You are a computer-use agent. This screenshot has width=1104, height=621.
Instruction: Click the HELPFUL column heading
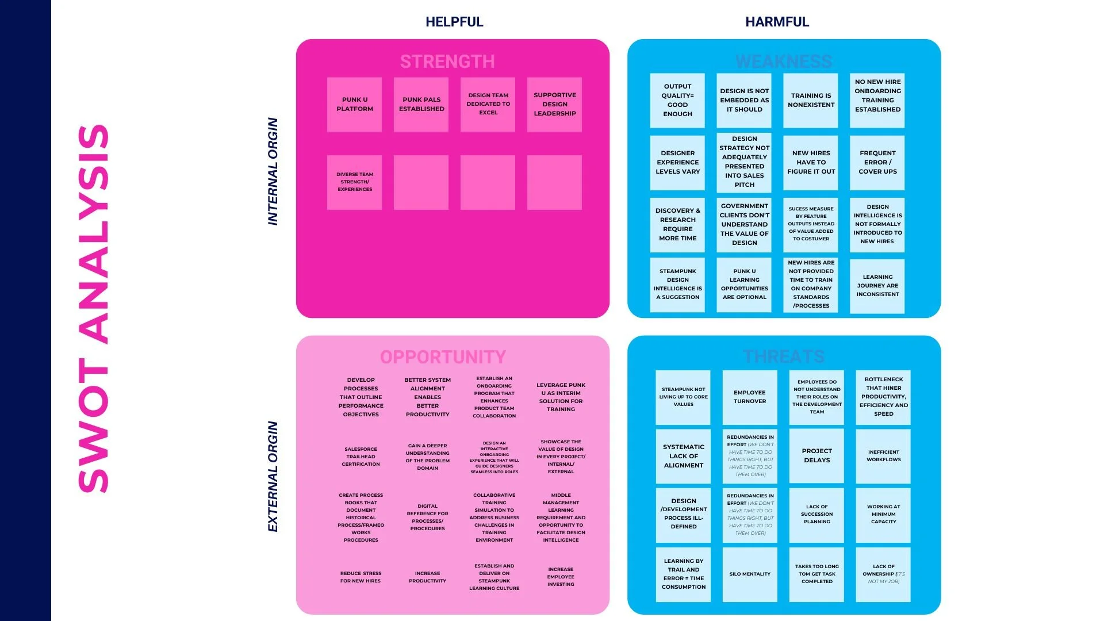pos(454,22)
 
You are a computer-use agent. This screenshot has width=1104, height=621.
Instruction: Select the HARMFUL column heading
pos(777,22)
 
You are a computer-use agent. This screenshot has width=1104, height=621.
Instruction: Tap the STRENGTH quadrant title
pos(447,62)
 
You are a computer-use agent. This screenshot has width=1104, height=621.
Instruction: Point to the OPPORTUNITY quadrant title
pos(443,357)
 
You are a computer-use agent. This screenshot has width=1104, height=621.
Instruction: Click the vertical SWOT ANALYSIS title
pos(93,308)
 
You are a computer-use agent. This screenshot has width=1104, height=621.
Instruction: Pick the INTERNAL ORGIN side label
pos(273,171)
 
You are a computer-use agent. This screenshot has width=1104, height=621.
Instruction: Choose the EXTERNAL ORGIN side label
pos(273,476)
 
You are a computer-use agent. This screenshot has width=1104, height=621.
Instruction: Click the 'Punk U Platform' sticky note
pos(355,105)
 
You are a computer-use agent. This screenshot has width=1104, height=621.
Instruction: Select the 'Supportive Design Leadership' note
pos(554,105)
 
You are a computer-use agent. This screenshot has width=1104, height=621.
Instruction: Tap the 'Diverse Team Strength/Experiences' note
pos(355,182)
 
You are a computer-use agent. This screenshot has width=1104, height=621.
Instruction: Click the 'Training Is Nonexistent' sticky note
pos(811,101)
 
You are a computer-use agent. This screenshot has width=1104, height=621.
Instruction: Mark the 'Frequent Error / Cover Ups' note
pos(877,163)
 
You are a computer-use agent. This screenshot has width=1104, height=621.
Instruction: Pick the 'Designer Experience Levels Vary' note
pos(677,163)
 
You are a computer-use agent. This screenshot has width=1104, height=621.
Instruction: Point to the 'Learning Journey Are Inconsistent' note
pos(877,286)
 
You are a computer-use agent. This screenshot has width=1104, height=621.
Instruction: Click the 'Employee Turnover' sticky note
pos(750,397)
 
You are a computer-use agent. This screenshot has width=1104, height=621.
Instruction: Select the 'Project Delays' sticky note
pos(816,456)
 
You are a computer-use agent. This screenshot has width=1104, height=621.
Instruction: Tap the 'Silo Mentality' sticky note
pos(750,574)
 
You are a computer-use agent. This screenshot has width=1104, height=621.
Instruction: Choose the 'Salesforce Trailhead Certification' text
pos(361,457)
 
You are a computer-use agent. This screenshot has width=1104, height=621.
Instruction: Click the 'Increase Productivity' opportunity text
pos(427,577)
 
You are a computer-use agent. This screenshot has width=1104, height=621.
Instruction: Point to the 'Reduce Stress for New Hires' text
pos(361,577)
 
